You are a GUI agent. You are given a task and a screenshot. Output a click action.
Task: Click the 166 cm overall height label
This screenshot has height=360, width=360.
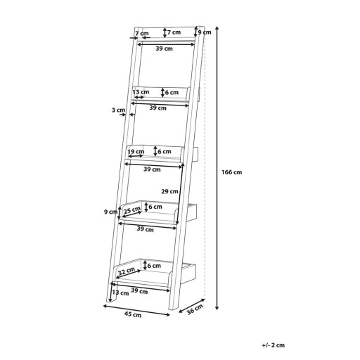click(x=231, y=172)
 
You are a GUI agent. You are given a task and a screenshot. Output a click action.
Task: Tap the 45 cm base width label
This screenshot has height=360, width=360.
click(x=133, y=314)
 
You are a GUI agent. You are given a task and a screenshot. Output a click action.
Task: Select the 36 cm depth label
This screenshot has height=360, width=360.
click(x=195, y=309)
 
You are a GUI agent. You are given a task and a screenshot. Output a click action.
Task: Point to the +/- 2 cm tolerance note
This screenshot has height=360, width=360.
click(x=273, y=345)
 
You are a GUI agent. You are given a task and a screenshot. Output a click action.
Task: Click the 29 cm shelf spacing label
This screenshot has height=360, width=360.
click(x=169, y=191)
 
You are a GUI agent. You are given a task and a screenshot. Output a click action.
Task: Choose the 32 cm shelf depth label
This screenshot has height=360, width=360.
click(x=127, y=271)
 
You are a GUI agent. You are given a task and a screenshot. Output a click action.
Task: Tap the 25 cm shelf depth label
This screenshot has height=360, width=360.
click(x=132, y=210)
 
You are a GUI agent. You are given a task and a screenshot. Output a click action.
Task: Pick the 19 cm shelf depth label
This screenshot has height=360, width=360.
click(x=136, y=152)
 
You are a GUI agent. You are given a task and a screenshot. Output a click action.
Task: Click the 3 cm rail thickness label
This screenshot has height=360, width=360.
click(x=118, y=110)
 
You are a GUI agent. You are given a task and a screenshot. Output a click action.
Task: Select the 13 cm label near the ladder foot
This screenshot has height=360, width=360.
click(x=120, y=292)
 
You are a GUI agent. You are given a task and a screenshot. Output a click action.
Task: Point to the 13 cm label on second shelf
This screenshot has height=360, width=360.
click(x=141, y=92)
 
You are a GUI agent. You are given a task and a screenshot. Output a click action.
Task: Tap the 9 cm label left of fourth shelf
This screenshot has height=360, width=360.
click(x=110, y=212)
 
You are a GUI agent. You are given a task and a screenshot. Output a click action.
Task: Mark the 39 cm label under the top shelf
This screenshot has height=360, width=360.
click(x=164, y=49)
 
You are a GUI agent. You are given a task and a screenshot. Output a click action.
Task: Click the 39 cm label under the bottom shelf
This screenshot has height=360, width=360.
click(x=139, y=291)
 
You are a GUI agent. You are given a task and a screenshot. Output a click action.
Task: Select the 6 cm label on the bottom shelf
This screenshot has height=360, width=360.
click(x=154, y=266)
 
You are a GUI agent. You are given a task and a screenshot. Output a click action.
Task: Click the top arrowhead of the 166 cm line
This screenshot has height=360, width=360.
click(x=217, y=28)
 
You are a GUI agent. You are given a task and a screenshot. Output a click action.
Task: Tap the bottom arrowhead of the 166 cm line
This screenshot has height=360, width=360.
click(x=217, y=308)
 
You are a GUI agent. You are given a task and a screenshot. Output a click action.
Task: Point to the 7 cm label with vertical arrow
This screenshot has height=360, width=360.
click(x=174, y=32)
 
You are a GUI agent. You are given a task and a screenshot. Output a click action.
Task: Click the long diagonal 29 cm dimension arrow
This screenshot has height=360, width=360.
click(x=180, y=194)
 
